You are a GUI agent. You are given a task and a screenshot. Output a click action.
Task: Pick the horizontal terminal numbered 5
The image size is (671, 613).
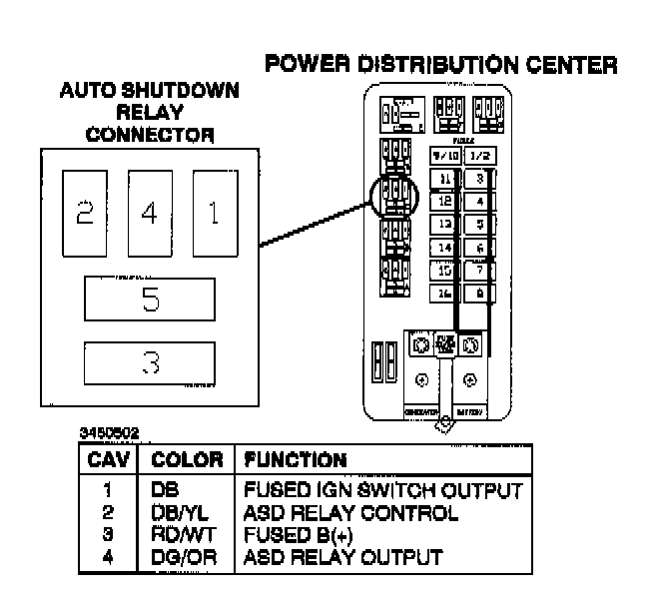click(150, 299)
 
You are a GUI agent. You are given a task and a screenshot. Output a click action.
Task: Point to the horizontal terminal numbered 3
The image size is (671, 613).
click(150, 363)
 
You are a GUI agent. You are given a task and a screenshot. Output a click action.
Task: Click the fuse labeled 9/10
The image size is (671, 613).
click(443, 157)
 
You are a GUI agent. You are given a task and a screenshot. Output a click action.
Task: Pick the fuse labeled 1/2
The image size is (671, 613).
click(481, 157)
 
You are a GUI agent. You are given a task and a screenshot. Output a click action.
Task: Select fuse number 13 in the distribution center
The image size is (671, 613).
click(443, 224)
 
